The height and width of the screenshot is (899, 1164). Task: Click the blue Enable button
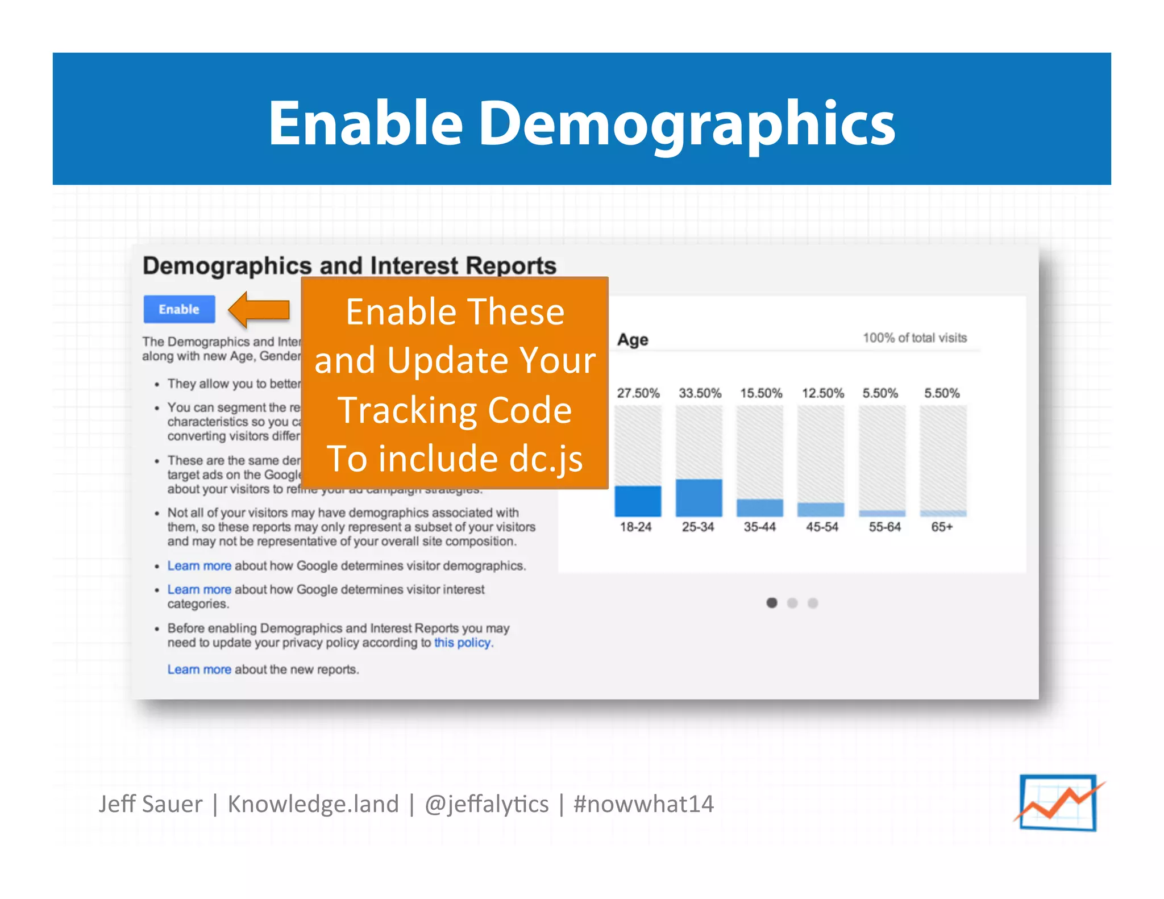179,309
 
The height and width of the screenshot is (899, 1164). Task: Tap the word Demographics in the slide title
687,123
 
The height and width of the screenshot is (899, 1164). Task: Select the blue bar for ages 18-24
638,501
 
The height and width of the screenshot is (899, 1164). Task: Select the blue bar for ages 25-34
699,497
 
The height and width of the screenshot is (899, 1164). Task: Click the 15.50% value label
760,393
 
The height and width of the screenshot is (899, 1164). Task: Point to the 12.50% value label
822,393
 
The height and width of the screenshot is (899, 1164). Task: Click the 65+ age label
941,527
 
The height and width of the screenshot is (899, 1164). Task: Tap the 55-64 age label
884,527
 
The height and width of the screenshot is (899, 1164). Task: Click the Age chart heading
633,340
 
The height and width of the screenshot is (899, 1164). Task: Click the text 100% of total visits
914,338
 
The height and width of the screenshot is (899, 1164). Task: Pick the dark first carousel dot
771,603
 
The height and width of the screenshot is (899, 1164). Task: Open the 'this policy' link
463,643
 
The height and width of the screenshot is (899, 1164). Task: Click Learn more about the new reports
199,669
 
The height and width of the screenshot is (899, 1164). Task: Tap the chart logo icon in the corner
1058,802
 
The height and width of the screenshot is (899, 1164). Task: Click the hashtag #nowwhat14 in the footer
643,804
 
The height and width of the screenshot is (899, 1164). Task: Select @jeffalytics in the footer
487,804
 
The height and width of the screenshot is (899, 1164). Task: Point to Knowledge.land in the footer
313,804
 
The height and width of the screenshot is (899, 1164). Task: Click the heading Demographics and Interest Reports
349,266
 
